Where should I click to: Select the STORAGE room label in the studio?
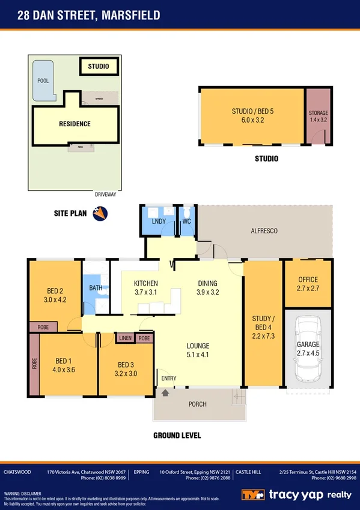318,113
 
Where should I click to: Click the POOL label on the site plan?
43,79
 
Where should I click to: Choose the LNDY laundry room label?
159,221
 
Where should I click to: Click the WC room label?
186,221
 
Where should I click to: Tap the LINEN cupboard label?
125,338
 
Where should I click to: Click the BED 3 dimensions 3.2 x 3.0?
126,373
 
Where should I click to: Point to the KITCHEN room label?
145,283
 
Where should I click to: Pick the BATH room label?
96,287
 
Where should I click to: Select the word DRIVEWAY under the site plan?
105,194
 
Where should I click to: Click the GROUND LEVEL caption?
177,435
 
